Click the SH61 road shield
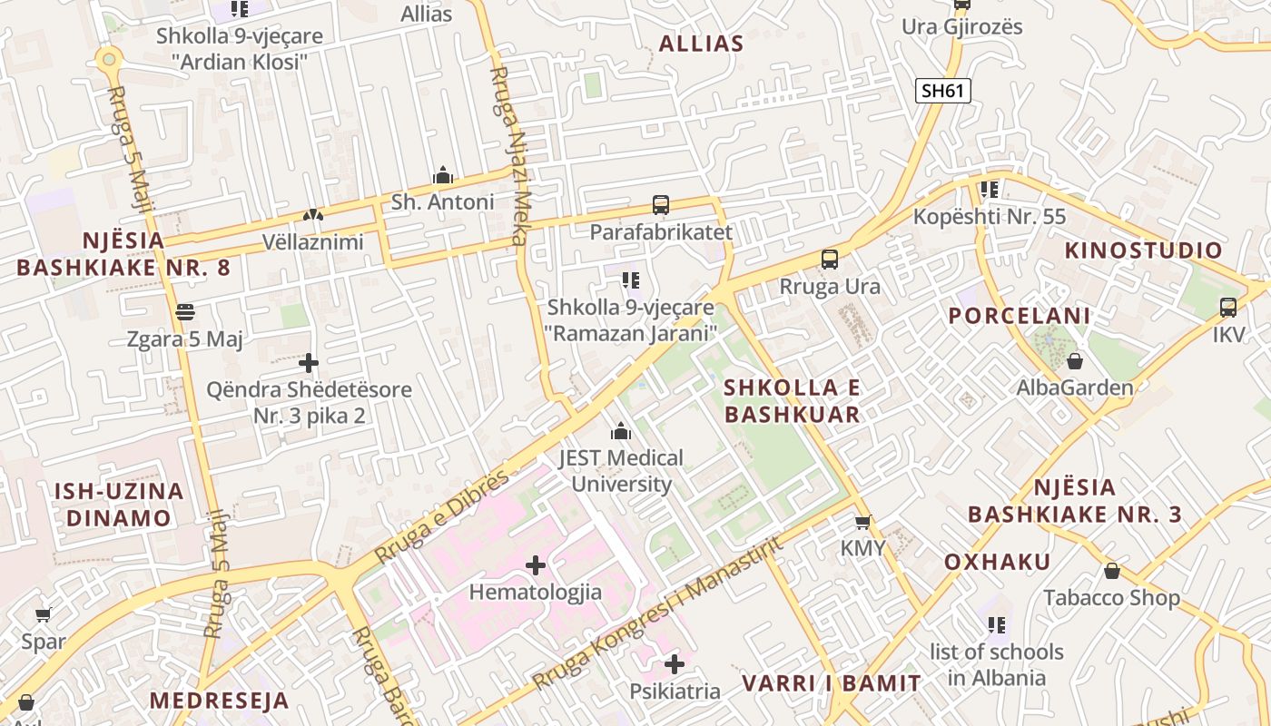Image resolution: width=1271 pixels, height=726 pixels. click(943, 90)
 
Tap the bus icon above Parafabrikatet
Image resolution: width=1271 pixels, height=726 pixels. click(661, 205)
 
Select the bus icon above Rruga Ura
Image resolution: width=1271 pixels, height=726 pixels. click(830, 260)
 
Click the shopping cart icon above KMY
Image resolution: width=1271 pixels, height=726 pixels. click(862, 522)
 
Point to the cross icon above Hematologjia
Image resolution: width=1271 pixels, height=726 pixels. click(536, 565)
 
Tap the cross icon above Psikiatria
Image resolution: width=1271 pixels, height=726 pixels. click(675, 664)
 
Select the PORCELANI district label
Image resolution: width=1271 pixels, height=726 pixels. click(1019, 316)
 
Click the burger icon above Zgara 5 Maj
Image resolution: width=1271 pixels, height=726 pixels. click(185, 312)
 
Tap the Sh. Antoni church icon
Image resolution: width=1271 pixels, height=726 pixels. click(442, 174)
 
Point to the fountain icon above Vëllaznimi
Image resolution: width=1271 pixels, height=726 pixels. click(312, 216)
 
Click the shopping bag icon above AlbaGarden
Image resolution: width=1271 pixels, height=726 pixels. click(1075, 361)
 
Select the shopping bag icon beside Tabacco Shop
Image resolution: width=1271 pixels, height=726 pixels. click(1111, 571)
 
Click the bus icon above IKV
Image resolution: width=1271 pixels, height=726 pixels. click(1228, 308)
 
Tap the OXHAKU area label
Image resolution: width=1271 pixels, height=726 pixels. click(997, 561)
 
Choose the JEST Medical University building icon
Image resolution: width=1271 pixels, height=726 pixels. click(621, 431)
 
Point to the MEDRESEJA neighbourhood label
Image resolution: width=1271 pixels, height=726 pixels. click(219, 701)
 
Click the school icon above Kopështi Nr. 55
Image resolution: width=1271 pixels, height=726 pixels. click(990, 190)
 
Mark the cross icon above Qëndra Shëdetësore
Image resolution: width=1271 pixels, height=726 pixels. click(309, 363)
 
